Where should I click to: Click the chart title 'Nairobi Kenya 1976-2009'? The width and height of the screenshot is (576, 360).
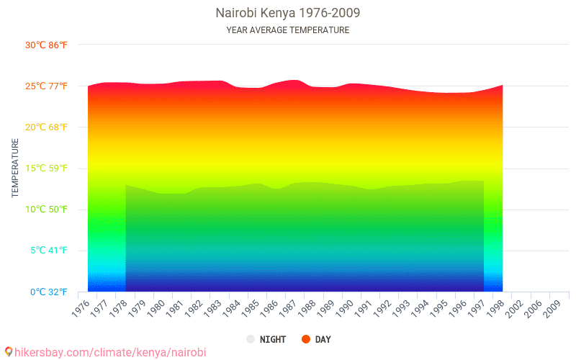pyautogui.click(x=287, y=13)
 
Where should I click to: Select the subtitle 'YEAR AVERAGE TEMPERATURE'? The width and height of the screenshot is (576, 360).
pyautogui.click(x=287, y=30)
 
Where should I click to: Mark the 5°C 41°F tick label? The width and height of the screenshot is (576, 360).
pyautogui.click(x=48, y=251)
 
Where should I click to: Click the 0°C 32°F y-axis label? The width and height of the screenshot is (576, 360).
pyautogui.click(x=48, y=292)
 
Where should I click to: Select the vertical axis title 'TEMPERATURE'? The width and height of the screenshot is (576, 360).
pyautogui.click(x=15, y=168)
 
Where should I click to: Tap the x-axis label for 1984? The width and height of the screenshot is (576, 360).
pyautogui.click(x=232, y=307)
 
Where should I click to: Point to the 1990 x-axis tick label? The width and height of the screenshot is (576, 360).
pyautogui.click(x=345, y=307)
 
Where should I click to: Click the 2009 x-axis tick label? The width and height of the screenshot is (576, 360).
pyautogui.click(x=552, y=307)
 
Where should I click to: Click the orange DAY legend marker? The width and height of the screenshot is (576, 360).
pyautogui.click(x=306, y=339)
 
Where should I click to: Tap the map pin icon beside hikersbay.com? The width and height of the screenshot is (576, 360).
pyautogui.click(x=9, y=352)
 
